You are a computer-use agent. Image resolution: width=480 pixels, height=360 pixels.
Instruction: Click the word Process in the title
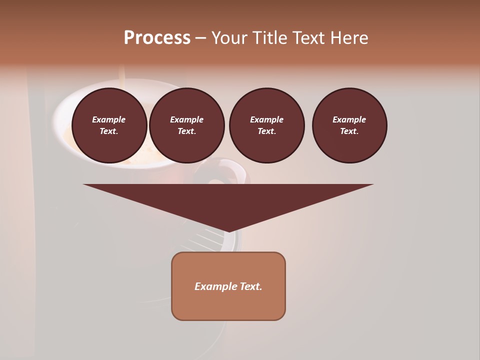pos(157,37)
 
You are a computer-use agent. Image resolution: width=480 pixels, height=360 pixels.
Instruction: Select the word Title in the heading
pos(268,38)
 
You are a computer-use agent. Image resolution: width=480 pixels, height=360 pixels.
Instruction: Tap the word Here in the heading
pos(349,38)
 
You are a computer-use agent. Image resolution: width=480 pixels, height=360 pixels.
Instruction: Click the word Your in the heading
pos(229,38)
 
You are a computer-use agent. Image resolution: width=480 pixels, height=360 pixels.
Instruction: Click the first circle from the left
pos(109,125)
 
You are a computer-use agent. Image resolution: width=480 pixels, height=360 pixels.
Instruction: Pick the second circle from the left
pos(186,125)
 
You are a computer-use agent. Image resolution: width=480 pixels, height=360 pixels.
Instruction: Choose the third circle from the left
pos(266,125)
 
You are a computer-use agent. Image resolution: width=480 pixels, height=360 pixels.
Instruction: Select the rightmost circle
pos(349,125)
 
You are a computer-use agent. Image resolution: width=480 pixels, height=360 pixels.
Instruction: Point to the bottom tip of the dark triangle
pos(228,231)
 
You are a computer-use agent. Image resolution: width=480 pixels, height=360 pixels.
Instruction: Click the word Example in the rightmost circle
pos(349,119)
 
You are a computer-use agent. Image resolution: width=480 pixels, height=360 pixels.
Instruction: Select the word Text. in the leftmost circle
pos(109,131)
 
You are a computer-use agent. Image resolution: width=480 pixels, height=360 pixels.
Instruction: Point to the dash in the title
pos(200,38)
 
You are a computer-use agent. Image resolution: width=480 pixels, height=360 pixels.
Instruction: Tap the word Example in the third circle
pos(266,119)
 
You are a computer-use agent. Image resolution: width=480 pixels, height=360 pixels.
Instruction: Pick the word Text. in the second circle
pos(186,131)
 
